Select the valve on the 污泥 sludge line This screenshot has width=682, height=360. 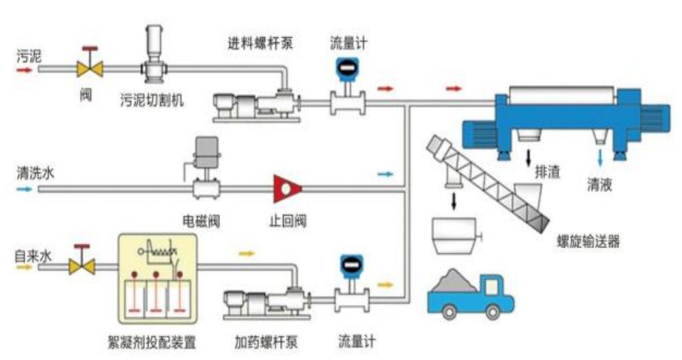pos(91,67)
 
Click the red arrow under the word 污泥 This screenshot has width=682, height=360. pos(24,70)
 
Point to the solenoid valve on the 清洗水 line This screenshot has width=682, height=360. pos(204,174)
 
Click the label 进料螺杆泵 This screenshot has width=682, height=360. pos(260,42)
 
